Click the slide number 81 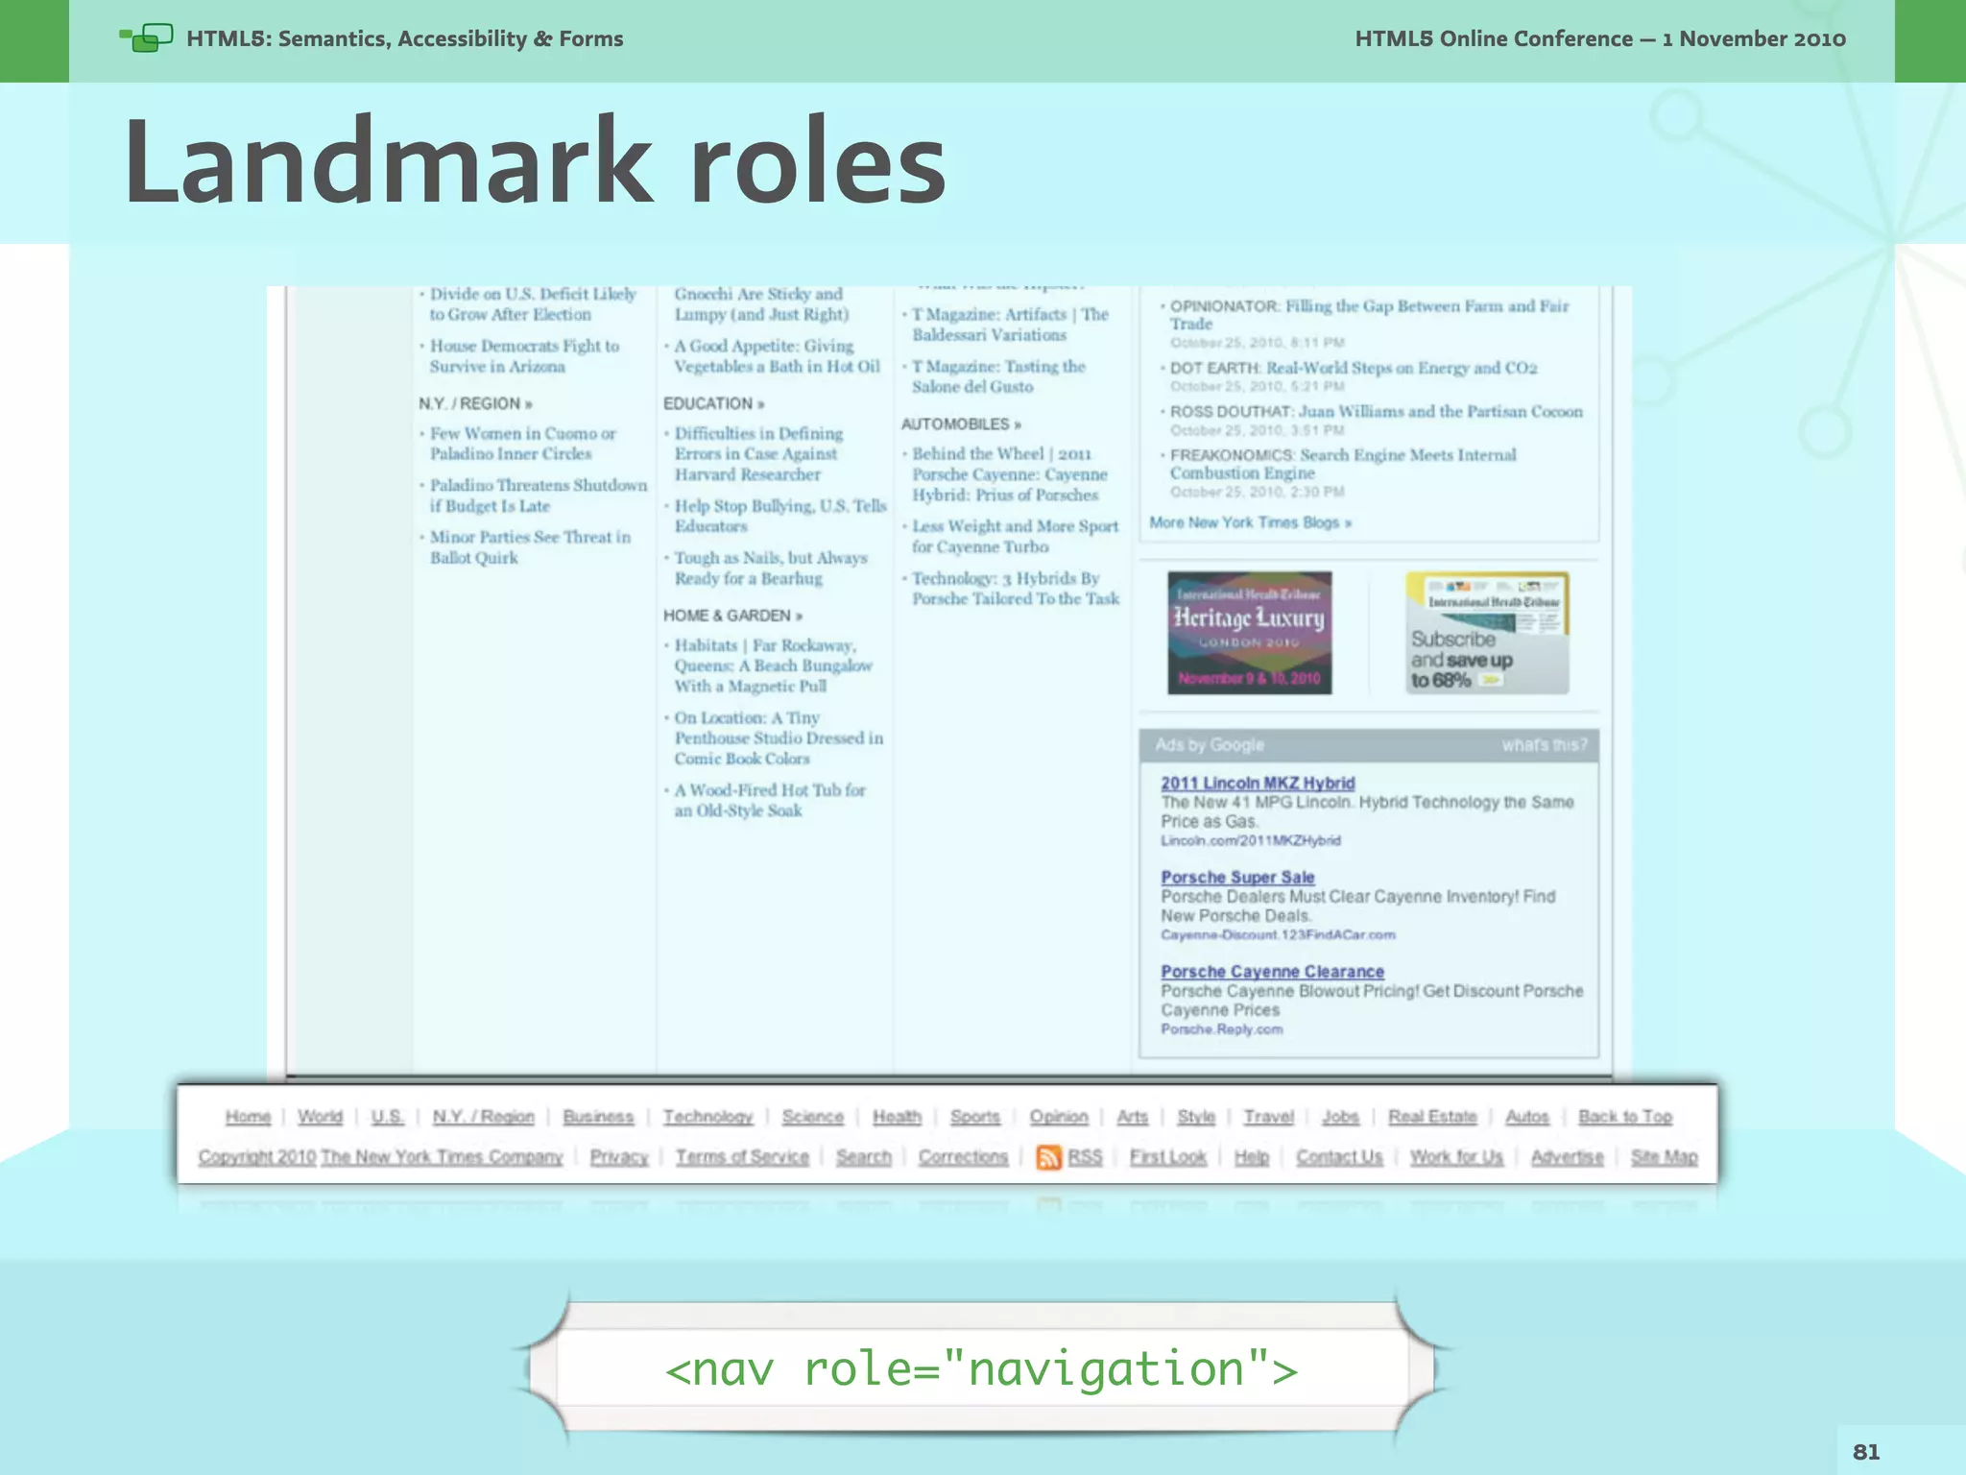pos(1865,1451)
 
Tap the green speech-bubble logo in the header pos(147,38)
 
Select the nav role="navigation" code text pos(981,1368)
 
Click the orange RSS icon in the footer pos(1048,1157)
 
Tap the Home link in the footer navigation pos(248,1117)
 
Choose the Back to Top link pos(1624,1117)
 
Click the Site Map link pos(1664,1157)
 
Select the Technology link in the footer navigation pos(707,1117)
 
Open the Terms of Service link pos(742,1157)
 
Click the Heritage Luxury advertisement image pos(1249,633)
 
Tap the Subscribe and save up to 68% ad pos(1486,633)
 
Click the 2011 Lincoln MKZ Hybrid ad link pos(1258,784)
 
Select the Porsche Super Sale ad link pos(1237,878)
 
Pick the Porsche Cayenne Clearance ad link pos(1272,972)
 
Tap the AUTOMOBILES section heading pos(960,424)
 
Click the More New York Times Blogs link pos(1250,523)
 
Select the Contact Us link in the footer pos(1339,1157)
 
